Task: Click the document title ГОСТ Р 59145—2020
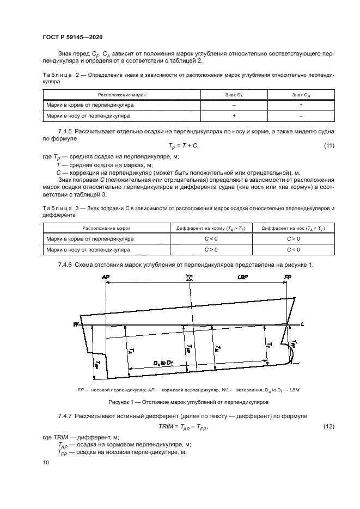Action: tap(65, 38)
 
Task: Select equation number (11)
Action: tap(329, 145)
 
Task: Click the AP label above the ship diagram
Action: tap(106, 278)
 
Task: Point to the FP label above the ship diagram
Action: tap(288, 278)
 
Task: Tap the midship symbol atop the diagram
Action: tap(190, 278)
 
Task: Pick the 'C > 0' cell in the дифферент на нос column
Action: tap(293, 239)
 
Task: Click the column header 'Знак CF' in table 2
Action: tap(234, 95)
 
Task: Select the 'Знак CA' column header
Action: tap(301, 95)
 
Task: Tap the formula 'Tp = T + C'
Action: tap(184, 146)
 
